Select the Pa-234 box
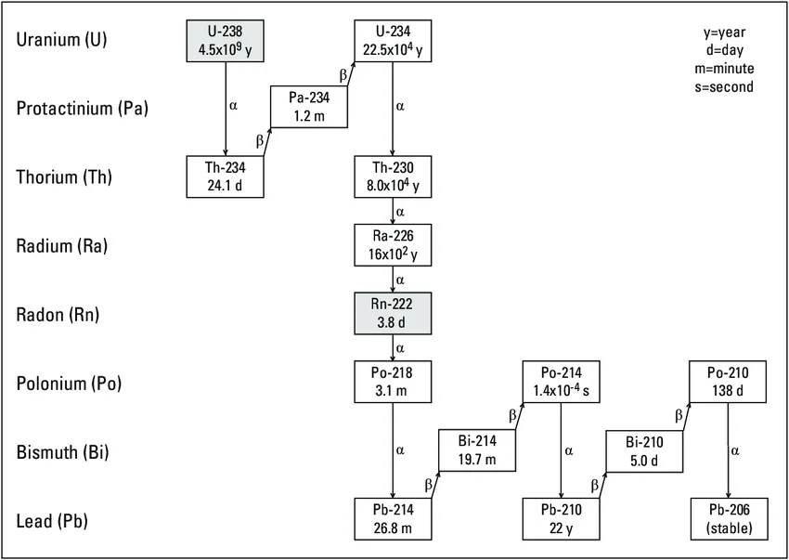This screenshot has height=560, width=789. [x=310, y=106]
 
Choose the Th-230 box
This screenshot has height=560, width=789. [x=393, y=176]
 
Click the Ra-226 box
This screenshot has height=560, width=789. [x=393, y=244]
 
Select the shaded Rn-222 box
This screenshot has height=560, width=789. [x=393, y=313]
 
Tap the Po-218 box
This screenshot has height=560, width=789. [x=393, y=382]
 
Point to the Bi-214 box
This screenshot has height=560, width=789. [x=477, y=450]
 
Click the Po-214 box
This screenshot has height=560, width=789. [x=562, y=382]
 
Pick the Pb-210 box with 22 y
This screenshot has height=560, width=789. [x=562, y=519]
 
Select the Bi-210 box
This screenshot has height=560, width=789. [x=645, y=450]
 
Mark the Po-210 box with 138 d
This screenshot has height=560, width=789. [x=728, y=382]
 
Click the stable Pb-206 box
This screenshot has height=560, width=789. [x=728, y=519]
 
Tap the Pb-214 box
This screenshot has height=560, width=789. [x=393, y=519]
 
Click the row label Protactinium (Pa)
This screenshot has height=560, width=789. [x=83, y=108]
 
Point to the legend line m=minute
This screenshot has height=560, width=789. [x=729, y=68]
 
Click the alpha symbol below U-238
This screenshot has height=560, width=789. [x=233, y=105]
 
